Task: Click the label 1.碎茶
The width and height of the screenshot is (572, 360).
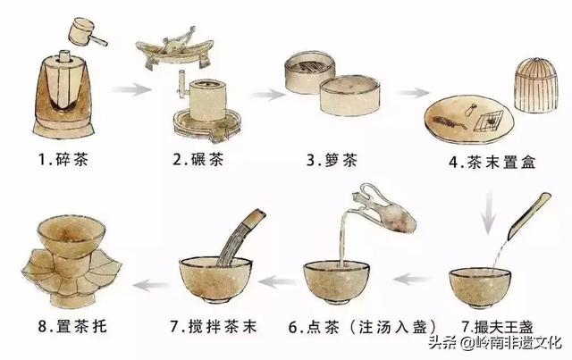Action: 63,160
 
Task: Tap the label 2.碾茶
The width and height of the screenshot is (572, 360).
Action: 198,160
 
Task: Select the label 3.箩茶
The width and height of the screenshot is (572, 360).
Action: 332,161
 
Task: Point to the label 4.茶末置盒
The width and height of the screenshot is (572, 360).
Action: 492,162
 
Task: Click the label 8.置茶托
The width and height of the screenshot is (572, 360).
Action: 72,326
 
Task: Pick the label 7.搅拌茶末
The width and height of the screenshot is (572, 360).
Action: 214,326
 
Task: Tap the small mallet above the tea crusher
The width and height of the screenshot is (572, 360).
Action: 88,32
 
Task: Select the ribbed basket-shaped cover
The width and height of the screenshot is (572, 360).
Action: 536,85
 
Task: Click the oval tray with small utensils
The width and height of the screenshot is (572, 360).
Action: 469,121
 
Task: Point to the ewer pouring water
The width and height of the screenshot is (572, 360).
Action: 385,209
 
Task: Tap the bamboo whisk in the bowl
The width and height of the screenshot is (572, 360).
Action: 240,237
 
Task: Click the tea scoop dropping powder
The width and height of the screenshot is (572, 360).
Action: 528,216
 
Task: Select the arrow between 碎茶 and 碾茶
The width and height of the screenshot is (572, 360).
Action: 131,89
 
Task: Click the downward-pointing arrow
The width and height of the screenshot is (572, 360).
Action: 489,214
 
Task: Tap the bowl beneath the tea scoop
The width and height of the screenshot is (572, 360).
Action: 480,287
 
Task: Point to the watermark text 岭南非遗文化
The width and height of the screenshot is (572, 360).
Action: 518,343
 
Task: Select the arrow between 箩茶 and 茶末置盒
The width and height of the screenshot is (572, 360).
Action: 413,93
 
